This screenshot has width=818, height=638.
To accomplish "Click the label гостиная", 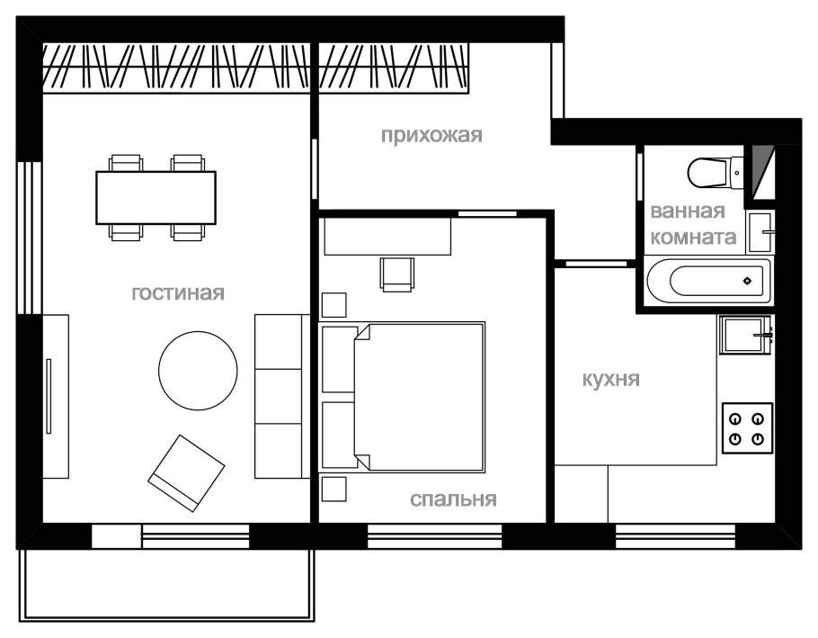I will pos(177,293).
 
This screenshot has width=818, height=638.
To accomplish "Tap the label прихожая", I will pos(431,136).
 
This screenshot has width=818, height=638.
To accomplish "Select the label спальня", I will pos(453,499).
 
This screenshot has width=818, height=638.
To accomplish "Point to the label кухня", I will pos(610,379).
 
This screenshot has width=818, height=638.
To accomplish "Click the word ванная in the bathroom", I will pos(688,212).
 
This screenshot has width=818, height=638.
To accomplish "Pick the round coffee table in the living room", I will pos(198,370).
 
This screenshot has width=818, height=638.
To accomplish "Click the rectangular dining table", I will pos(156,197).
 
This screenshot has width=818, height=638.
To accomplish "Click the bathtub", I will pos(707,282).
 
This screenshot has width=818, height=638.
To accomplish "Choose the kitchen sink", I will pos(744,336).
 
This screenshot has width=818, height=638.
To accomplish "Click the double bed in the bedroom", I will pos(418,397).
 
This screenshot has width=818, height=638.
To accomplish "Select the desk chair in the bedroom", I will pos(396,274).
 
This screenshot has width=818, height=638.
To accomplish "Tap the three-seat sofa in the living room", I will pos(281,396).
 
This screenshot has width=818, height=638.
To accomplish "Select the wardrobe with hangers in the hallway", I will pos(395,69).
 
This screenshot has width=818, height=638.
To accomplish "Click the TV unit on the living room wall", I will pos(55,396).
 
